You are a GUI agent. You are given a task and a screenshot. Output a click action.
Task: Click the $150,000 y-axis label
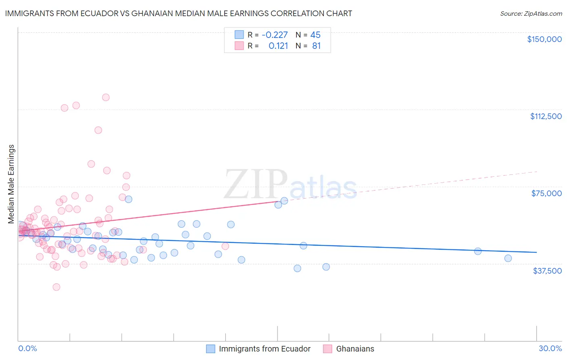pyautogui.click(x=544, y=39)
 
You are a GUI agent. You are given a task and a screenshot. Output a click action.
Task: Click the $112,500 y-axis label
pyautogui.click(x=546, y=116)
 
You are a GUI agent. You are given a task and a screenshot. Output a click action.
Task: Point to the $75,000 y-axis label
pyautogui.click(x=546, y=193)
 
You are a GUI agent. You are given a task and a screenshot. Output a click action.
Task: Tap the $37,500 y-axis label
pyautogui.click(x=547, y=271)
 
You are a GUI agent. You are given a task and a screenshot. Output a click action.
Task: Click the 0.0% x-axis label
pyautogui.click(x=27, y=348)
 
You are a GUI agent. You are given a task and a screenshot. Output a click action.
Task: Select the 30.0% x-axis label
pyautogui.click(x=550, y=348)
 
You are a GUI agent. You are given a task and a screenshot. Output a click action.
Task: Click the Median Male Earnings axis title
pyautogui.click(x=11, y=184)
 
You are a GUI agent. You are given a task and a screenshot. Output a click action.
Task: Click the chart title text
pyautogui.click(x=178, y=13)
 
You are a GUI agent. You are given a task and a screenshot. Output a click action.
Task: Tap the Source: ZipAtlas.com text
pyautogui.click(x=531, y=14)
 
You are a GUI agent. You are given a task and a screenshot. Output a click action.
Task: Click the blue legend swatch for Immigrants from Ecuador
pyautogui.click(x=211, y=349)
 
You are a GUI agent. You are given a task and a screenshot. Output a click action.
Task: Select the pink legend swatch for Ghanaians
pyautogui.click(x=327, y=349)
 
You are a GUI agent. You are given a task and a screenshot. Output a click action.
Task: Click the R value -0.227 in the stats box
pyautogui.click(x=275, y=35)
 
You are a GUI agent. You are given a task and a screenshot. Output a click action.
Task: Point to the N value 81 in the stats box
pyautogui.click(x=317, y=46)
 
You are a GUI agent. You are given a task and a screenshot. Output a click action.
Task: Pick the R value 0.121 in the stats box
pyautogui.click(x=278, y=46)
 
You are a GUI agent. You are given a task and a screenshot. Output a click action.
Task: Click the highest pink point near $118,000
pyautogui.click(x=106, y=97)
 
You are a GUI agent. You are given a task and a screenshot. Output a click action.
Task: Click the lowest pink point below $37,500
pyautogui.click(x=56, y=287)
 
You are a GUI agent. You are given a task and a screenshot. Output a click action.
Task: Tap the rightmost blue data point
pyautogui.click(x=508, y=258)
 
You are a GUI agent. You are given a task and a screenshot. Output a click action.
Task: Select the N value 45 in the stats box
pyautogui.click(x=315, y=35)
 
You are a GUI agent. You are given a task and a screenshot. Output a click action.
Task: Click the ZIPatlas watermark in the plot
pyautogui.click(x=290, y=185)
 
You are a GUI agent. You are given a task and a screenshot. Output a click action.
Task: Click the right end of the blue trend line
pyautogui.click(x=536, y=252)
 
